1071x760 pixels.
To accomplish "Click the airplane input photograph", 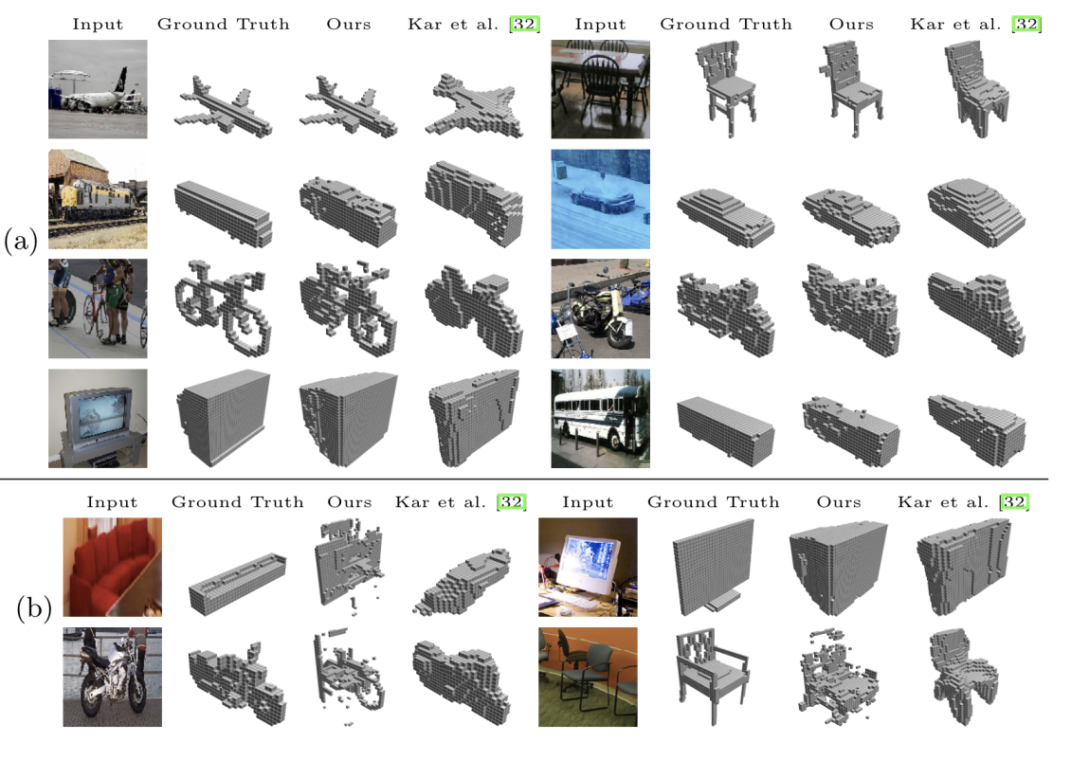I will coord(98,89).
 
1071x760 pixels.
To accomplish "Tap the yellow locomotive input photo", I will coord(98,199).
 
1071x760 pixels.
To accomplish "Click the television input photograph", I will coord(98,418).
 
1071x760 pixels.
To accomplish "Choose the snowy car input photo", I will coord(601,199).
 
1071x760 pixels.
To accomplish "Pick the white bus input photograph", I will coord(601,418).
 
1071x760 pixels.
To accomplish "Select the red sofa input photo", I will coord(112,567).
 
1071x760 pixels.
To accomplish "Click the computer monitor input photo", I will coord(588,567).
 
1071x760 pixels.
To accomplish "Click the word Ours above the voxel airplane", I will coord(348,24).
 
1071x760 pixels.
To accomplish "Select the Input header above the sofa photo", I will coord(112,502).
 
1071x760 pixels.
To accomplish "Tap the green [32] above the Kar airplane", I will coord(523,24).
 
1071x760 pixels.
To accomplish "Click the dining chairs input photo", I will coord(601,89).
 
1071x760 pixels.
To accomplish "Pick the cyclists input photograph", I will coord(98,308).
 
